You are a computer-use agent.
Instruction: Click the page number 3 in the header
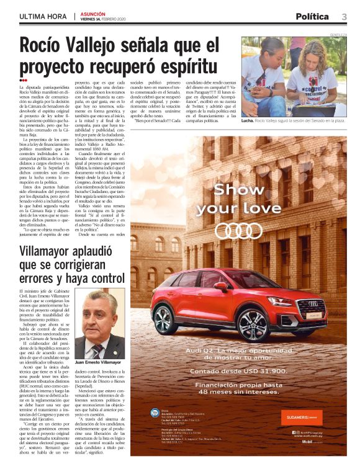click(344, 16)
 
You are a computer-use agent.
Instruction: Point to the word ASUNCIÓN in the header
click(93, 12)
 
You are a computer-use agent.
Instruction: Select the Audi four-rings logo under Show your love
click(238, 230)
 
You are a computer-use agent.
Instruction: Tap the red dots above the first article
click(23, 80)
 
